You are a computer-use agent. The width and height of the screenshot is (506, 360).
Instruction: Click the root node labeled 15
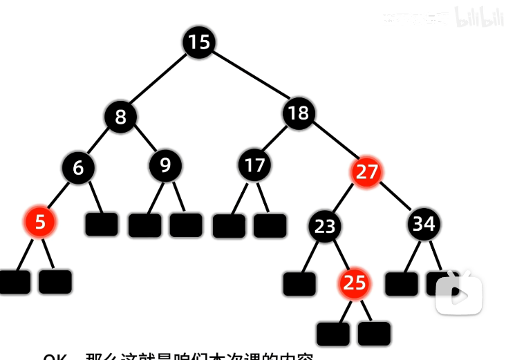pyautogui.click(x=198, y=43)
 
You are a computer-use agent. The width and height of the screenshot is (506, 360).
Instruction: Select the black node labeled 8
pyautogui.click(x=121, y=117)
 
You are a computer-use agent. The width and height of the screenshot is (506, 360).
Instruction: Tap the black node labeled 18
pyautogui.click(x=299, y=113)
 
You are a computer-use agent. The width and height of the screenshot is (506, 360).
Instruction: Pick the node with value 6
pyautogui.click(x=77, y=167)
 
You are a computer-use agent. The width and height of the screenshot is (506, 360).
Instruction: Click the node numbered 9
pyautogui.click(x=165, y=166)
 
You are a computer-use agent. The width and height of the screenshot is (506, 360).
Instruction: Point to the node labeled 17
pyautogui.click(x=255, y=166)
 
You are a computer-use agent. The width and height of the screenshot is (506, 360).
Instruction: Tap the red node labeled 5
pyautogui.click(x=40, y=222)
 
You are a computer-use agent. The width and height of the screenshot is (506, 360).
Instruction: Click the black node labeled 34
pyautogui.click(x=423, y=224)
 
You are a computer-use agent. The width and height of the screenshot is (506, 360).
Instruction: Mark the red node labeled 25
pyautogui.click(x=354, y=283)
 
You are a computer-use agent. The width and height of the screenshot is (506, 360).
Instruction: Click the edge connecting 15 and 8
pyautogui.click(x=160, y=79)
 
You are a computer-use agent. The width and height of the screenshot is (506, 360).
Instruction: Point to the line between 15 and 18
pyautogui.click(x=249, y=78)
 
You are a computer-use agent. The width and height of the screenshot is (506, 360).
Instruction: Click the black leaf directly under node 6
pyautogui.click(x=102, y=225)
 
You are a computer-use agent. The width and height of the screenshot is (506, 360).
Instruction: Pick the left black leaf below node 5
pyautogui.click(x=15, y=281)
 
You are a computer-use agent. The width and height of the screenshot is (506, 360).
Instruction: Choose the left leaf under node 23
pyautogui.click(x=299, y=283)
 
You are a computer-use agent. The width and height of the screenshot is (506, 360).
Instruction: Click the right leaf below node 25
pyautogui.click(x=375, y=333)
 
